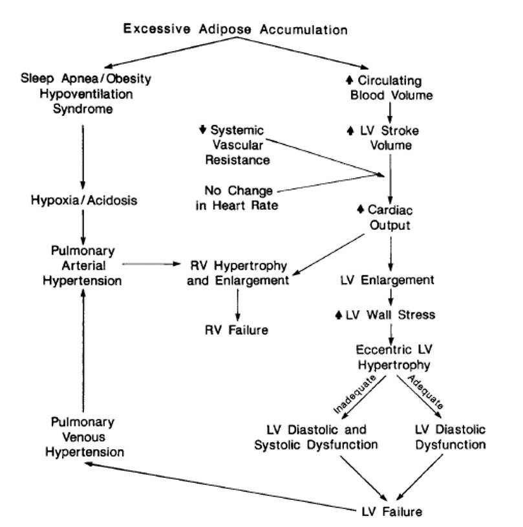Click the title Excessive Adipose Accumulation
click(235, 30)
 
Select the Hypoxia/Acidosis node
click(84, 201)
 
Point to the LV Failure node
click(391, 511)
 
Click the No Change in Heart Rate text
click(239, 198)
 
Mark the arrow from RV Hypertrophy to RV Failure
click(237, 305)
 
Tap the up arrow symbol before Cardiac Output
click(360, 210)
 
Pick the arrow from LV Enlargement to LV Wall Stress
click(390, 298)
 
